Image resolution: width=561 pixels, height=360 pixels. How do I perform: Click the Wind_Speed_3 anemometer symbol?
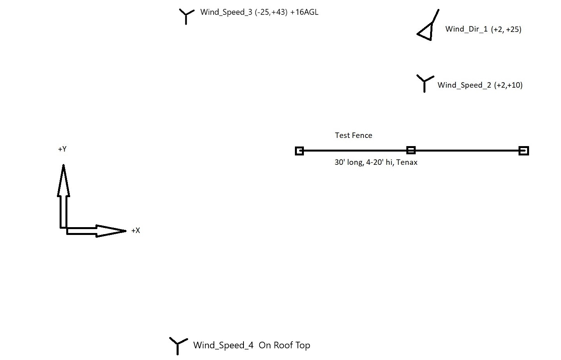click(186, 16)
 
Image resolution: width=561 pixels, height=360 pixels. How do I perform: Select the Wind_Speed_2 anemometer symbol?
click(425, 82)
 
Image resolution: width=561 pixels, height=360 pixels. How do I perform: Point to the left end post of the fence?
click(299, 151)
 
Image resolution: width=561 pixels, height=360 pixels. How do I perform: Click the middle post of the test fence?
click(411, 150)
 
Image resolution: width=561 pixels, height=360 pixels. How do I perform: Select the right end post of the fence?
click(524, 151)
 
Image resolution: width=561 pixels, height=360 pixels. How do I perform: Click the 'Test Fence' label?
click(354, 135)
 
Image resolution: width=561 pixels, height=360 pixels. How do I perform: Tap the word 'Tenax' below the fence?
click(407, 162)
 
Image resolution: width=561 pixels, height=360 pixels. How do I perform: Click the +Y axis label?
click(62, 149)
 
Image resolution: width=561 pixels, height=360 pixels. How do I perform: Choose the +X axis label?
click(136, 231)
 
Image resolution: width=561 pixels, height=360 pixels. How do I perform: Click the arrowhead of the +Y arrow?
click(64, 180)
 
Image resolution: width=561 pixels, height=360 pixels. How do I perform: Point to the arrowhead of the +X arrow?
click(111, 231)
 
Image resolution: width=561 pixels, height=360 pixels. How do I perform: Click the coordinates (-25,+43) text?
click(271, 12)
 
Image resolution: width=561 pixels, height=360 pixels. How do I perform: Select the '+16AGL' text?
click(304, 12)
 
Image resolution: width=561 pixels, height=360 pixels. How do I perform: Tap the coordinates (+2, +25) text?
click(506, 29)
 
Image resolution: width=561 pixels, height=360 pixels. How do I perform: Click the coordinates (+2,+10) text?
click(508, 85)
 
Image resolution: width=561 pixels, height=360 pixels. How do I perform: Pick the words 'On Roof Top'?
click(284, 345)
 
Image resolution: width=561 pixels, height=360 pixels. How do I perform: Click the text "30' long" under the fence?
click(349, 162)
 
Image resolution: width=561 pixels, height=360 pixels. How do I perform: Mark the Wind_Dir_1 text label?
click(467, 29)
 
